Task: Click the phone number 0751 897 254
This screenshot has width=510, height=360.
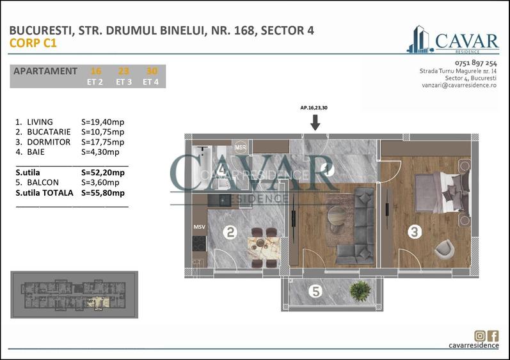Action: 475,63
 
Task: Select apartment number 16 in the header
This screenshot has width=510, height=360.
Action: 96,71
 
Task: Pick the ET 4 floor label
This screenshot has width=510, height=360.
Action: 151,81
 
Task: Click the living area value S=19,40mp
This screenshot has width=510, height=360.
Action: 103,121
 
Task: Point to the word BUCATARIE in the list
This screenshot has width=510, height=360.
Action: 45,132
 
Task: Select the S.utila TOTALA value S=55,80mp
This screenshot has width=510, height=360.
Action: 103,192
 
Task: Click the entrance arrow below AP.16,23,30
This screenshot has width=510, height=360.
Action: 314,122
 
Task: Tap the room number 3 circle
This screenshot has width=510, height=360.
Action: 415,232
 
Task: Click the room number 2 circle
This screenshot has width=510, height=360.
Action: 230,233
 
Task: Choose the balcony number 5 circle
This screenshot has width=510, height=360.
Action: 314,292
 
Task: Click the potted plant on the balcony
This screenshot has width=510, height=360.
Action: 360,290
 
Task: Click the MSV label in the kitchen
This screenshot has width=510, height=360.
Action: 199,227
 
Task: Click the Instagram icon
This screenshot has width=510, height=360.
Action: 480,336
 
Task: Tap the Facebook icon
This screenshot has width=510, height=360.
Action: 493,336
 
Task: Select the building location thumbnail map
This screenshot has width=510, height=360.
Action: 74,295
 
